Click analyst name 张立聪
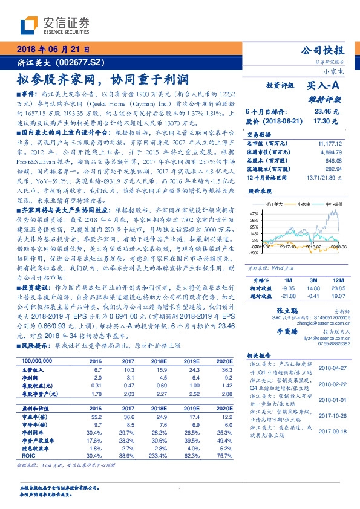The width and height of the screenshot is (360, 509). coord(286,309)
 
